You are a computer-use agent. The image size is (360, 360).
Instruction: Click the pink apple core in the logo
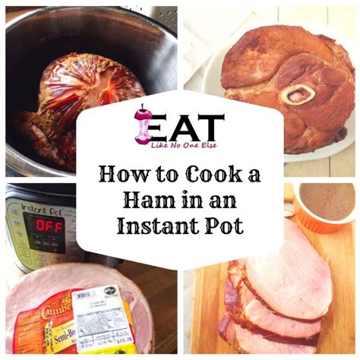(142, 123)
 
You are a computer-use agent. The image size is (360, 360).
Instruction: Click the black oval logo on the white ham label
(112, 289)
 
